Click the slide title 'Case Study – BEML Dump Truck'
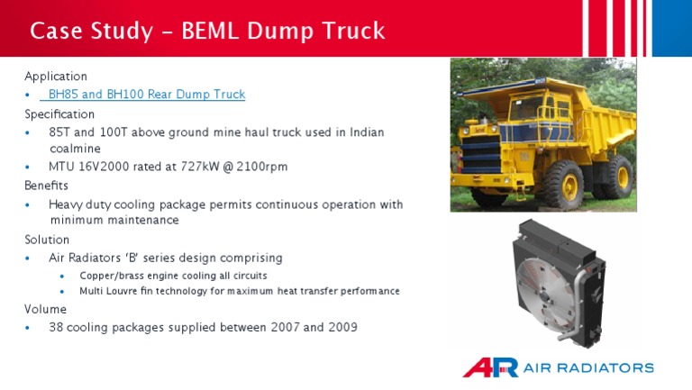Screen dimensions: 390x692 (207, 32)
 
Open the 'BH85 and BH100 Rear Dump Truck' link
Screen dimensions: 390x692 (146, 95)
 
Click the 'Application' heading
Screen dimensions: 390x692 (56, 77)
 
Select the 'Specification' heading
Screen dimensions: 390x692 (59, 114)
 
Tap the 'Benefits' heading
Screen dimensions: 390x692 (47, 186)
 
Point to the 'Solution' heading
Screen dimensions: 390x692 (47, 240)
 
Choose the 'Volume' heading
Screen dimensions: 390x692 (45, 309)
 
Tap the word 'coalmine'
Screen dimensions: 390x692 (75, 149)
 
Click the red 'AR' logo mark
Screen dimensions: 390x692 (490, 367)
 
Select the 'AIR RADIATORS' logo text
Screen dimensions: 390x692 (589, 367)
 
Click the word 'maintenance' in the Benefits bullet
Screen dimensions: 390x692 (141, 221)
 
